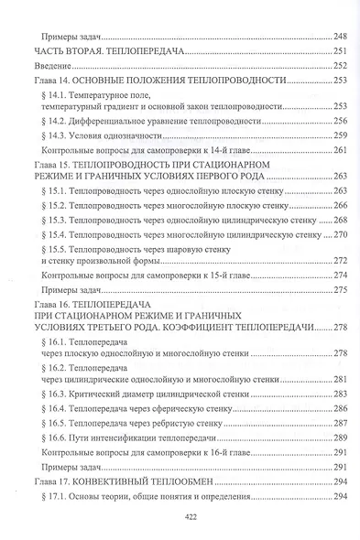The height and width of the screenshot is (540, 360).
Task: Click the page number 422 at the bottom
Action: coord(180,517)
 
